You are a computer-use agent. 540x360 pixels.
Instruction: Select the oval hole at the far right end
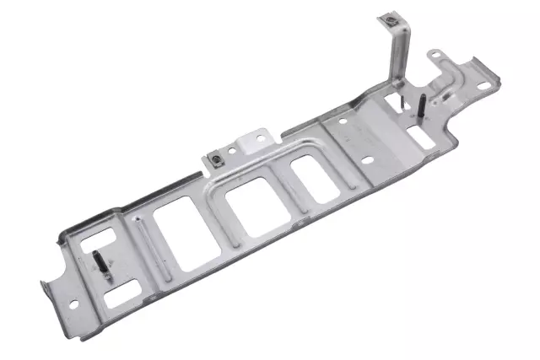(x=483, y=85)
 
